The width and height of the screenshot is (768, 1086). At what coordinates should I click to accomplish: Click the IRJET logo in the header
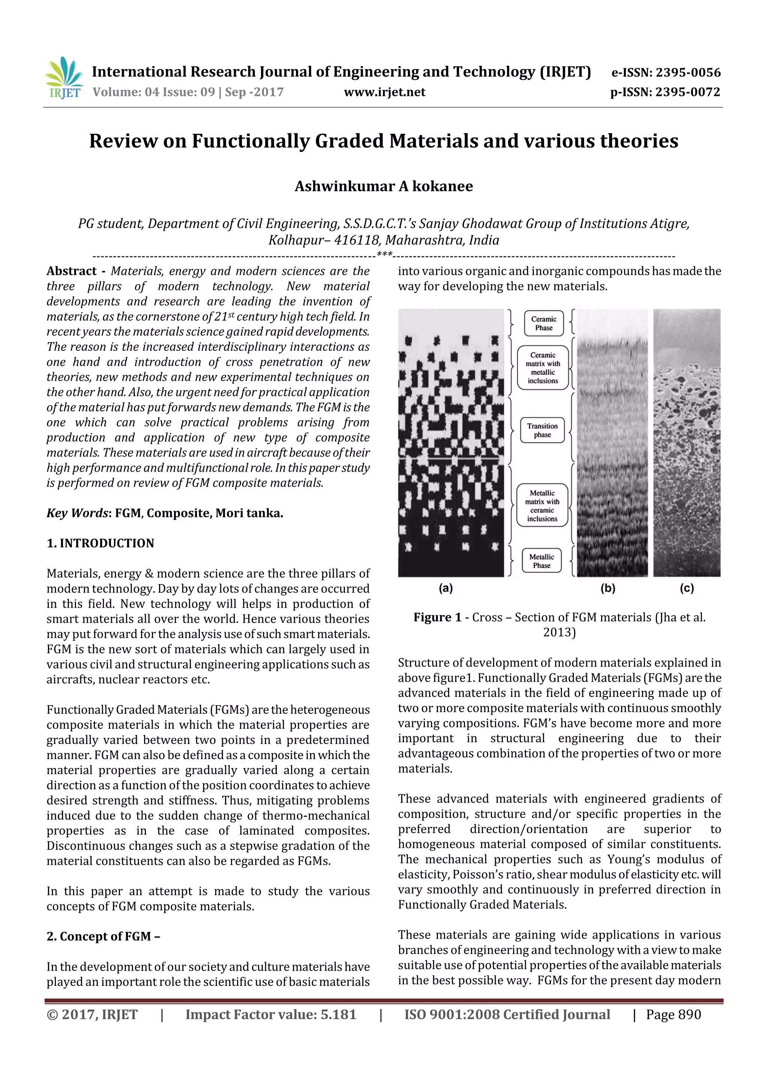coord(64,78)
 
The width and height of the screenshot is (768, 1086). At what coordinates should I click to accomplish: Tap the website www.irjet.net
coord(384,92)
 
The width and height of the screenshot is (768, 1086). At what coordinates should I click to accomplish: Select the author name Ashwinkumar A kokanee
coord(383,186)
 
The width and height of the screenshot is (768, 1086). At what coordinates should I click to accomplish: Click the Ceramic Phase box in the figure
coord(544,323)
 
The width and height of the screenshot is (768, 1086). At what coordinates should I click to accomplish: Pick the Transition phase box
coord(542,430)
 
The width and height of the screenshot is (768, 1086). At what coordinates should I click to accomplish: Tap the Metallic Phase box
coord(541,561)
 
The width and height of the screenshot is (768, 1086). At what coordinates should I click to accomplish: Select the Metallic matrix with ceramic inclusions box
coord(542,506)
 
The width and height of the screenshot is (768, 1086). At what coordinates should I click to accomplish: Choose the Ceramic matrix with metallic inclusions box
coord(543,367)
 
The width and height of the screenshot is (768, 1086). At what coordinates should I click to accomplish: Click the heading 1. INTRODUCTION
coord(100,543)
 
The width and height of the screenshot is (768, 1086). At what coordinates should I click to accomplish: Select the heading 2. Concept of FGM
coord(103,936)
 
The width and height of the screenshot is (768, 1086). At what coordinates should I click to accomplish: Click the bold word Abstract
coord(72,271)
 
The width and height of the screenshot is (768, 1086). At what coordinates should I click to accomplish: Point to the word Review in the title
coord(123,141)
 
